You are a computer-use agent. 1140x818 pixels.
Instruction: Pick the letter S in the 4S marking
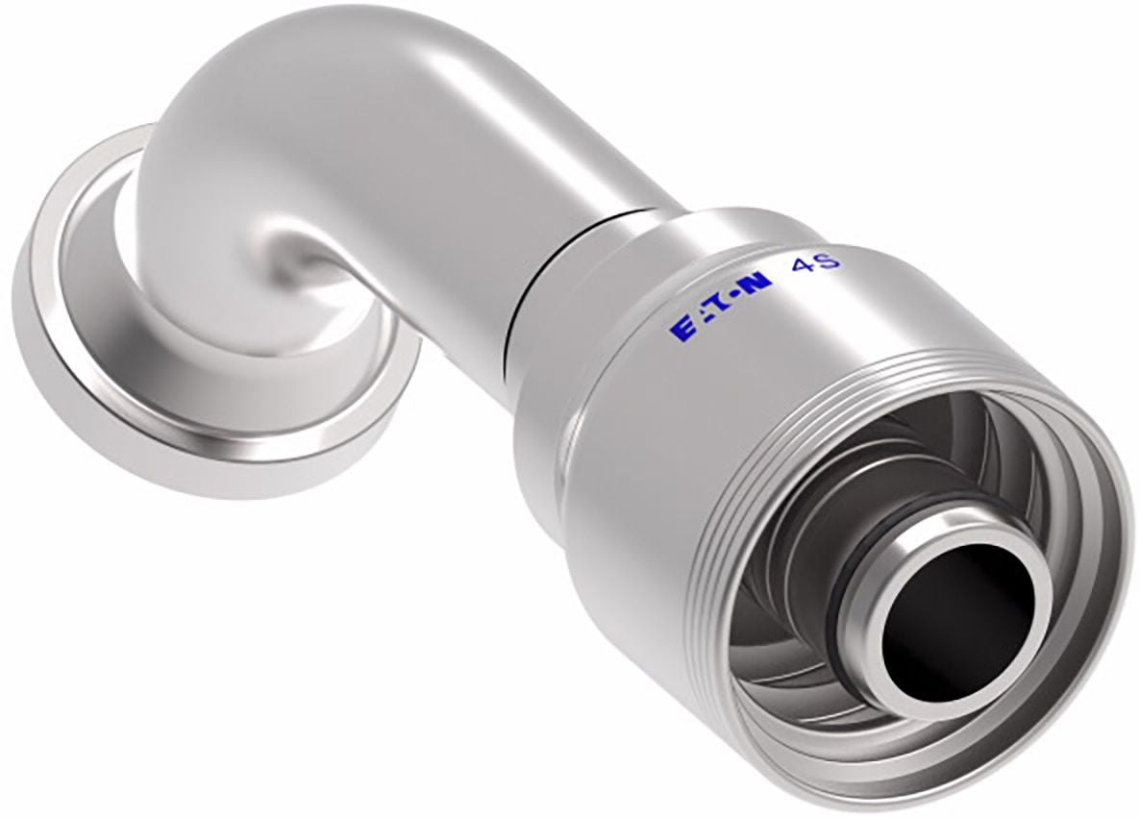click(830, 259)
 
